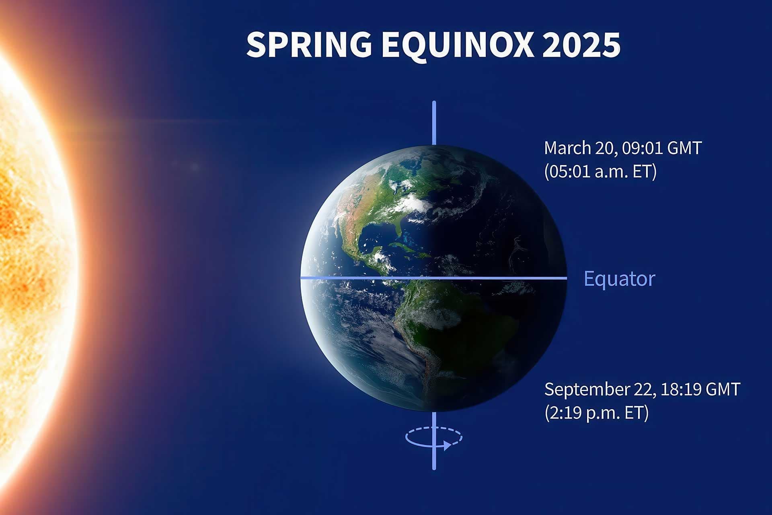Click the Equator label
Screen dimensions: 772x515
point(619,279)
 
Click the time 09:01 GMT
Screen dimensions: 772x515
point(661,148)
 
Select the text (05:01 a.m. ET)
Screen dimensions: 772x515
point(600,171)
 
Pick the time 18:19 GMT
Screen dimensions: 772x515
point(700,389)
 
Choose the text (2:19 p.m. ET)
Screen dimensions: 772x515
point(597,413)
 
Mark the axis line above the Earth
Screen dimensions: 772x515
point(434,123)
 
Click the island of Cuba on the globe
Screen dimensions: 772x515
point(402,245)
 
